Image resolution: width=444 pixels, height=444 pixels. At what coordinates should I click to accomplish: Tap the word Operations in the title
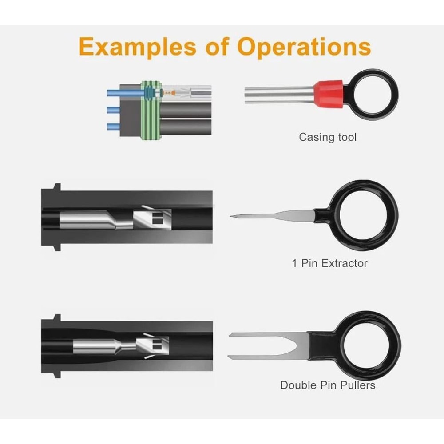click(304, 47)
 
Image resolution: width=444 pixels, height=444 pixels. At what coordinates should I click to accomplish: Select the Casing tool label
click(328, 137)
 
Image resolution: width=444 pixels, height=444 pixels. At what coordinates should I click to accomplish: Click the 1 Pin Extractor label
click(329, 263)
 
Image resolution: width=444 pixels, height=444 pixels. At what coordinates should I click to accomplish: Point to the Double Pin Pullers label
click(328, 385)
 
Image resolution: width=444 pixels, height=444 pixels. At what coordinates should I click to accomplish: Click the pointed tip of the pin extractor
click(234, 217)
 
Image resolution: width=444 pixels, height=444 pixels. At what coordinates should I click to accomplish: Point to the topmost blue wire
click(124, 93)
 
